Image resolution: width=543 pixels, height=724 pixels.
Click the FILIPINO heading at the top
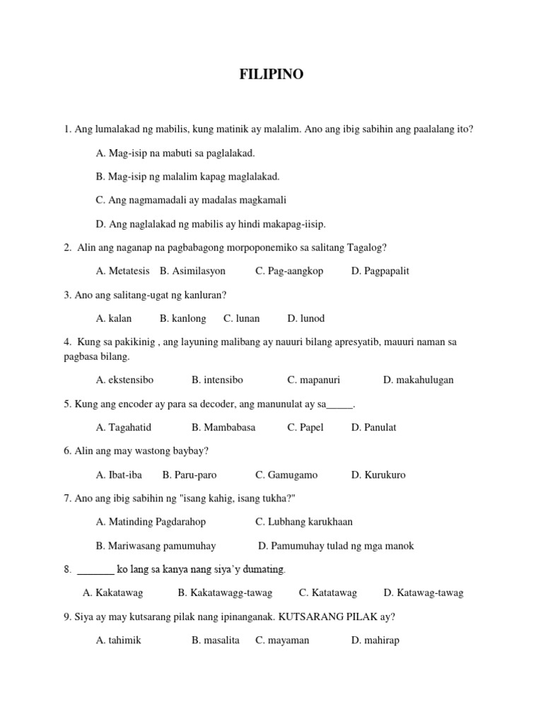click(x=271, y=74)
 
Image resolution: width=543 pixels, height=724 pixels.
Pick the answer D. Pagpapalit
click(x=380, y=271)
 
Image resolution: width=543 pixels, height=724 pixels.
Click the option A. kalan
click(x=114, y=318)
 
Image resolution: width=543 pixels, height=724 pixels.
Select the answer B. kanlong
click(x=182, y=318)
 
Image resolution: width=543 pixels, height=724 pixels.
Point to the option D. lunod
click(x=305, y=318)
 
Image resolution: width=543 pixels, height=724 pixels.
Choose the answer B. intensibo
click(x=217, y=380)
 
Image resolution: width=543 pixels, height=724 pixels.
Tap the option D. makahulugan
click(x=418, y=380)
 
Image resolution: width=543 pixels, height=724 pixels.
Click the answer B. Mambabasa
click(x=223, y=427)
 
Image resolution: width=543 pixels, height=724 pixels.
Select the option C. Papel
click(x=306, y=427)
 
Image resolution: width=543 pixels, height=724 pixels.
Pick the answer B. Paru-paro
click(x=189, y=474)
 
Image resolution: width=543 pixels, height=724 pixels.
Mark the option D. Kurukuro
click(x=378, y=474)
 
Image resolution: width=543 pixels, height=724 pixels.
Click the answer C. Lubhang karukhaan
click(x=304, y=522)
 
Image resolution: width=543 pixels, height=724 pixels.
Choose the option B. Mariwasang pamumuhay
click(x=156, y=546)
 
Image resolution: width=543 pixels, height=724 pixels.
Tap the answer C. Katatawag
click(x=327, y=592)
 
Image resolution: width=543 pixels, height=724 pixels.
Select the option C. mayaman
click(x=282, y=641)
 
